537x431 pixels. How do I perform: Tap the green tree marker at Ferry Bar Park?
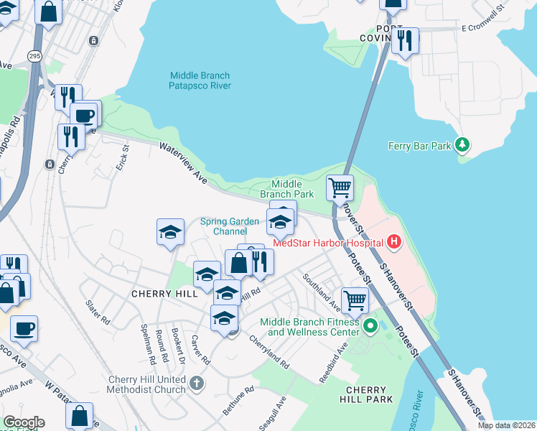click(463, 146)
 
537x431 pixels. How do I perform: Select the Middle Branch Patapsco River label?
click(200, 80)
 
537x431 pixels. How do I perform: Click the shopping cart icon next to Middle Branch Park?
click(340, 188)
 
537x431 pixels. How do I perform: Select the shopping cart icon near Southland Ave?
click(355, 300)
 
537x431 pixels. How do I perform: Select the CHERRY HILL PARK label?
click(365, 394)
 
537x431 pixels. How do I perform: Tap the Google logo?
click(24, 422)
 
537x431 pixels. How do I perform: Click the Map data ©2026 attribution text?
click(506, 425)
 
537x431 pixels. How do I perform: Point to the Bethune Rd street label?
click(238, 402)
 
